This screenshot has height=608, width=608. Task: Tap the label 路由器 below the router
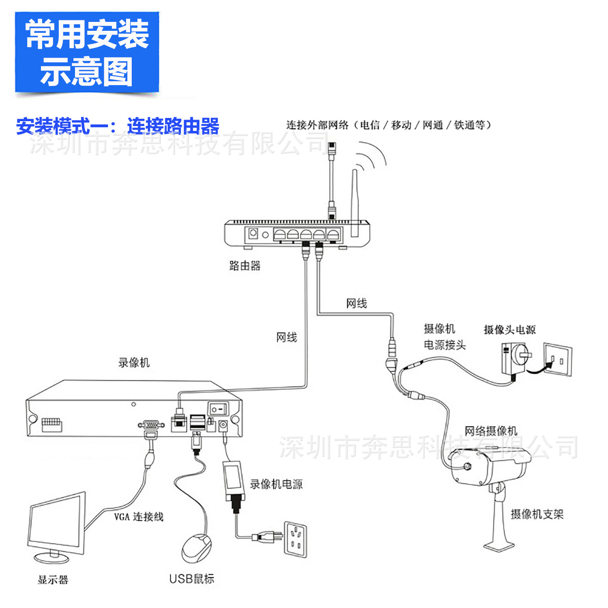pos(244,266)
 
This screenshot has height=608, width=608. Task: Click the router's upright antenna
pos(355,203)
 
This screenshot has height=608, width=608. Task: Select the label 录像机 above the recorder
pos(134,362)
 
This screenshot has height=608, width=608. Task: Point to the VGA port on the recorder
pos(151,425)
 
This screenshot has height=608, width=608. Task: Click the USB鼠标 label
pos(191,579)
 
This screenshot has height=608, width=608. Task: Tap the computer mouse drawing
pos(196,548)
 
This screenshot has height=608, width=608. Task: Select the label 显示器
pos(53,580)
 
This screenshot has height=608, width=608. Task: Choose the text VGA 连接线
pos(139,517)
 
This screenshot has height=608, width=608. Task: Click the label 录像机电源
pos(276,484)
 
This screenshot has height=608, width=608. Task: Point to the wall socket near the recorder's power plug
pos(295,539)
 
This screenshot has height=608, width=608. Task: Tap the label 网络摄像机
pos(491,431)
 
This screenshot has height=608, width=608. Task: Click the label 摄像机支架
pos(537,514)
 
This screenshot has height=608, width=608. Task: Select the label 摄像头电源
pos(510,330)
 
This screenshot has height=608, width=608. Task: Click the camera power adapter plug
pos(515,358)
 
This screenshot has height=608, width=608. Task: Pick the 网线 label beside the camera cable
pos(356,303)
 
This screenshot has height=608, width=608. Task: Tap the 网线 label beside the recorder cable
pos(287,337)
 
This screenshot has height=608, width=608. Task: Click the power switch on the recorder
pos(218,409)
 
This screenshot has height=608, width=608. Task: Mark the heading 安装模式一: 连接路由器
pos(118,126)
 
